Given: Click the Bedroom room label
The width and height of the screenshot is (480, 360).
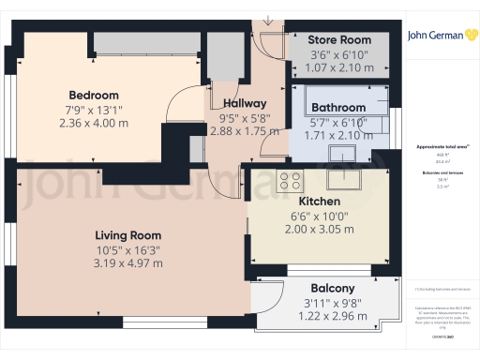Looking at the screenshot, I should pyautogui.click(x=94, y=95).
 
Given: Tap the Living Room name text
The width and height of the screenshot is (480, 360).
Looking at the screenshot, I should pyautogui.click(x=124, y=234).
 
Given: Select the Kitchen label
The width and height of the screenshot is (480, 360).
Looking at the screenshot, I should pyautogui.click(x=319, y=202).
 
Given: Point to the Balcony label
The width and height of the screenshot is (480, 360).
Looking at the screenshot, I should pyautogui.click(x=333, y=288).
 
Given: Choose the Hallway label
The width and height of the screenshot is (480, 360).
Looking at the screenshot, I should pyautogui.click(x=245, y=103).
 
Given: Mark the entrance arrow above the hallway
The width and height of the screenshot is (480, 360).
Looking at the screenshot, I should pyautogui.click(x=269, y=19).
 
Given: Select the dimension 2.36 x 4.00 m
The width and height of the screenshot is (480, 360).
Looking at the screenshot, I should pyautogui.click(x=94, y=122).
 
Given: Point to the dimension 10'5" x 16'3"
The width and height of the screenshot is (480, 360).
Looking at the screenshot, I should pyautogui.click(x=124, y=249).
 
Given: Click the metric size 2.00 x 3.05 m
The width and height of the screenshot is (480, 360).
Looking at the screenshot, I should pyautogui.click(x=319, y=230).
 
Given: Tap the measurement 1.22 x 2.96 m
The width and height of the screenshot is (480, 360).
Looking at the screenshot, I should pyautogui.click(x=333, y=316).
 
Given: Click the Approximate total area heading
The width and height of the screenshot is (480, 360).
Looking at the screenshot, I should pyautogui.click(x=442, y=148).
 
